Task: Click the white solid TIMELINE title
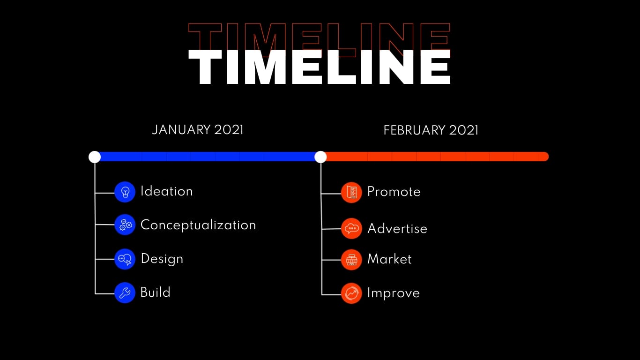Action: [x=320, y=67]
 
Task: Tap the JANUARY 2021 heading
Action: [x=198, y=130]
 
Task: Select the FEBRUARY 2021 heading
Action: [x=431, y=130]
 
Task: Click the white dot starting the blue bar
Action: [x=95, y=157]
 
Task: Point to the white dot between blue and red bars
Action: [x=320, y=157]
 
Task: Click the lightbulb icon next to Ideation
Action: [x=125, y=192]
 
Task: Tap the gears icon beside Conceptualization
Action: [x=125, y=225]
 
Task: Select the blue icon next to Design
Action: [x=125, y=259]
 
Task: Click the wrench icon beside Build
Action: [x=125, y=293]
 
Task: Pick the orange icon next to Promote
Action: [x=351, y=193]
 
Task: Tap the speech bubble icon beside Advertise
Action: [x=351, y=228]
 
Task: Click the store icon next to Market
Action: [x=351, y=260]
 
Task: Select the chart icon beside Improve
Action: [x=351, y=293]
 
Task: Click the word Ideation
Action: [x=167, y=191]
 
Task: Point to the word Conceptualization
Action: [x=198, y=225]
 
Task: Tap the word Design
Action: [x=162, y=259]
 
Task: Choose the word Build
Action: [x=155, y=292]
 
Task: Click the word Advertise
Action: [x=397, y=229]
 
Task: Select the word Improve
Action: [x=394, y=293]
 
